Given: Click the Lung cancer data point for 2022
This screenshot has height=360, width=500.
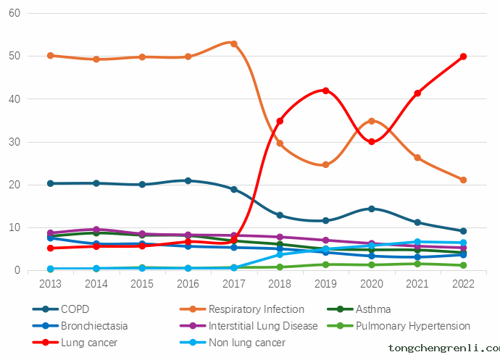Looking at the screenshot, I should (x=463, y=56).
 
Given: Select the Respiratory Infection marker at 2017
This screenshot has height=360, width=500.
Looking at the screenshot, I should (x=233, y=43).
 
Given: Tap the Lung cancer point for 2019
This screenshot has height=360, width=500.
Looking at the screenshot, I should (x=325, y=91).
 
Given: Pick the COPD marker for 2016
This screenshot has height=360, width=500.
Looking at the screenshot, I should (x=188, y=180).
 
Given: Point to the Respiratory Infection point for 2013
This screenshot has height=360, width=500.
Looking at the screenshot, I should (x=50, y=56).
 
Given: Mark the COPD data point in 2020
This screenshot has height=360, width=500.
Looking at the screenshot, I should (x=371, y=209).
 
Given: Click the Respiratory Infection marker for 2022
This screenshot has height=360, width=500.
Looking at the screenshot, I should (x=463, y=180).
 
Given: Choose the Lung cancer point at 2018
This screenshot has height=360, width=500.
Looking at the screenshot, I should (x=280, y=121).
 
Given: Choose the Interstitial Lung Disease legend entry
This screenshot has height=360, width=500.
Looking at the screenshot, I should (x=262, y=326).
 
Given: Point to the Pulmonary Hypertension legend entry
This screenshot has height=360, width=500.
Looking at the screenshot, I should (x=412, y=326).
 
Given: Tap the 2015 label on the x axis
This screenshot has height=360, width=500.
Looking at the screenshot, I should (x=142, y=282).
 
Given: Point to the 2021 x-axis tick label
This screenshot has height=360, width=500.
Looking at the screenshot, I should (x=417, y=282).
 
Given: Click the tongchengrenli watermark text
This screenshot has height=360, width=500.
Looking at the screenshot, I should (x=443, y=348).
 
